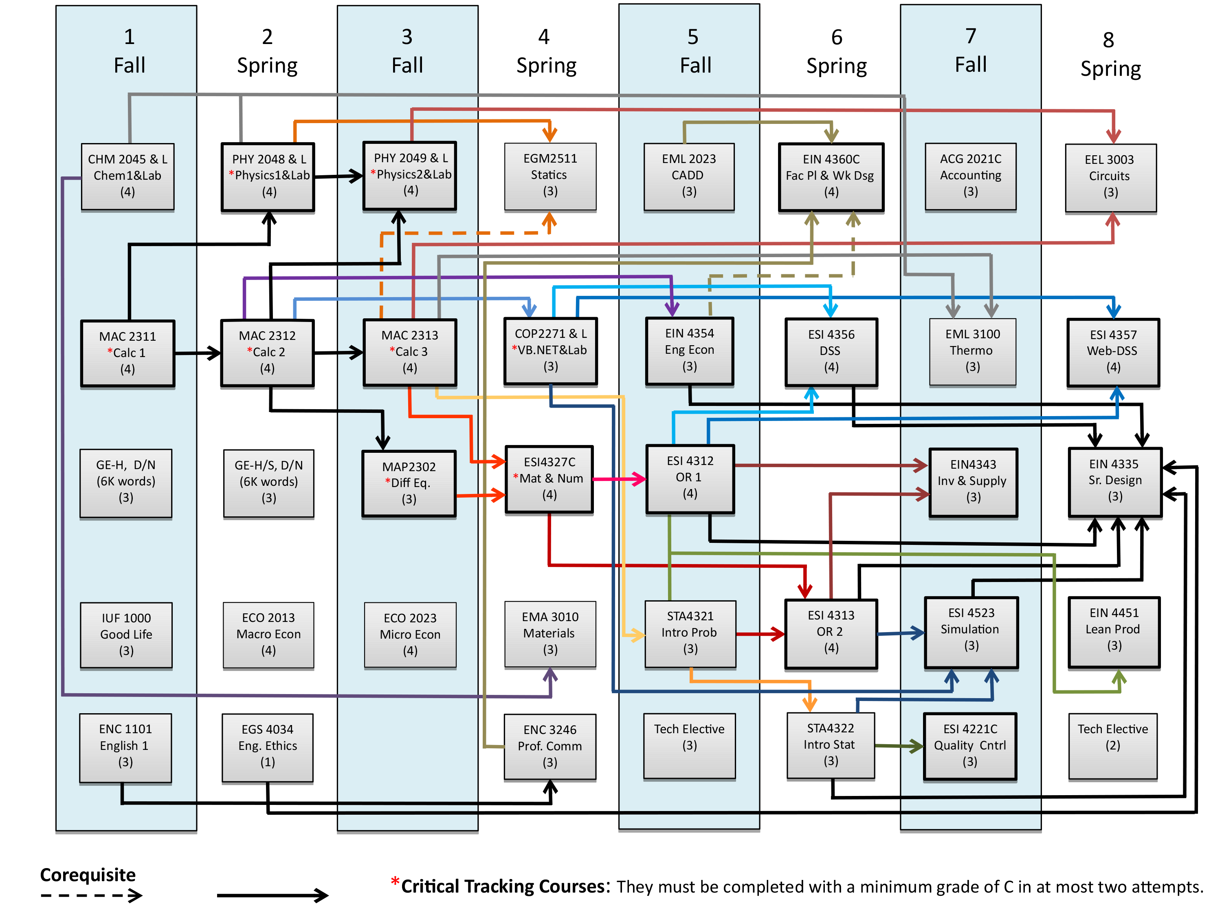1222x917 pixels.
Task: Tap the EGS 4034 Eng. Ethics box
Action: click(267, 747)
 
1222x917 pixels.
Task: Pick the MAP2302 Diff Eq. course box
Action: click(409, 483)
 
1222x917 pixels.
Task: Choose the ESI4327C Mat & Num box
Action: click(549, 479)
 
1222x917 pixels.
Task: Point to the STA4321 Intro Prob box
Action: click(690, 633)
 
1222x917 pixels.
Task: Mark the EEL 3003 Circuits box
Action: click(1110, 177)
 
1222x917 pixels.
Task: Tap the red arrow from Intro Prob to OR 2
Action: click(760, 634)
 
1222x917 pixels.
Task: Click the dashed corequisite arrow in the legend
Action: click(91, 895)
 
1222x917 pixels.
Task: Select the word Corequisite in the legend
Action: click(88, 875)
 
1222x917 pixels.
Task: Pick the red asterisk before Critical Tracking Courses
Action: click(395, 881)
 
